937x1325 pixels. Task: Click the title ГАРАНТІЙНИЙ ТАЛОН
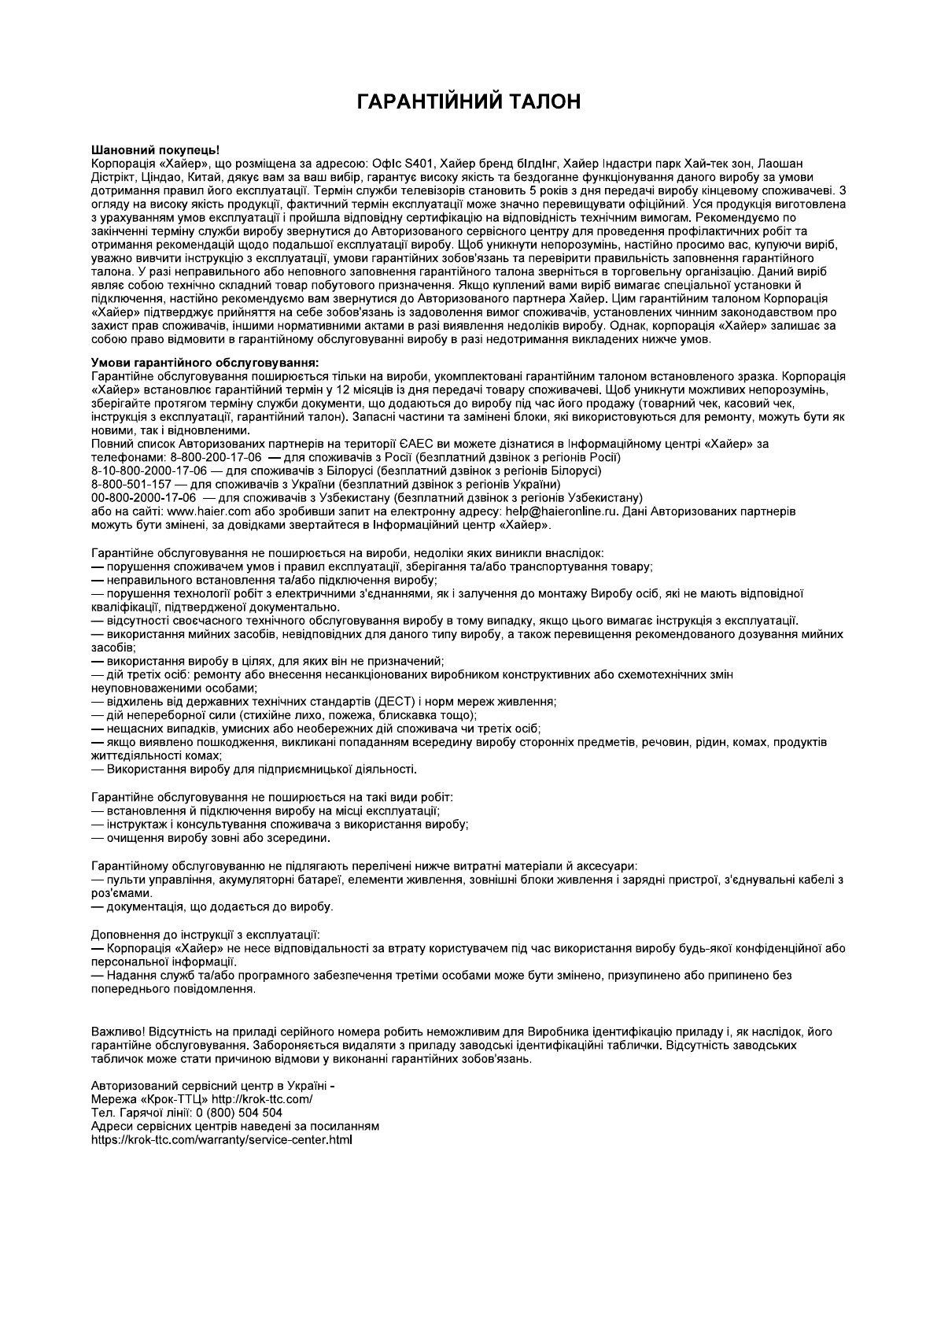point(468,101)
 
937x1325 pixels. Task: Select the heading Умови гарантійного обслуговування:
point(205,363)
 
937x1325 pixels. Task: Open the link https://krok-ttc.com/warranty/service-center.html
point(222,1139)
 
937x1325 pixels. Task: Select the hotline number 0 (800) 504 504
point(239,1112)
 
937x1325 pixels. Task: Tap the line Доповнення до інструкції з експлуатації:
point(205,935)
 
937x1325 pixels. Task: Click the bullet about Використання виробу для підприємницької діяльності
point(260,769)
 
